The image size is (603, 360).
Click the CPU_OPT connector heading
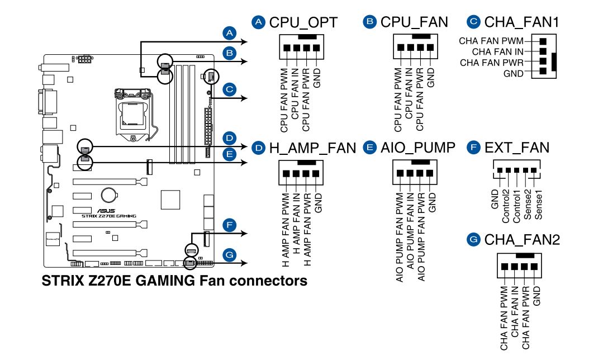(x=303, y=22)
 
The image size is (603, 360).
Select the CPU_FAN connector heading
(x=414, y=22)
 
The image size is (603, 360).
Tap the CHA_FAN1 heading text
(x=521, y=22)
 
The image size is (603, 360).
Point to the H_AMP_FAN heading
(x=312, y=148)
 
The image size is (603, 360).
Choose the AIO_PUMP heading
(x=417, y=148)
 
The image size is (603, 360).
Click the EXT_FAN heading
(x=517, y=148)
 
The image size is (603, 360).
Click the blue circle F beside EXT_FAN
(x=474, y=148)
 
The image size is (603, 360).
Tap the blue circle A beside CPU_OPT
(x=258, y=22)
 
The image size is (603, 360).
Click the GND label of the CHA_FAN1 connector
(x=514, y=73)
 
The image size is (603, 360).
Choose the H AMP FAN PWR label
(x=307, y=229)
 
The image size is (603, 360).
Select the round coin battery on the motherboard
(x=108, y=194)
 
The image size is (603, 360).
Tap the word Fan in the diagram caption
(x=214, y=280)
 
